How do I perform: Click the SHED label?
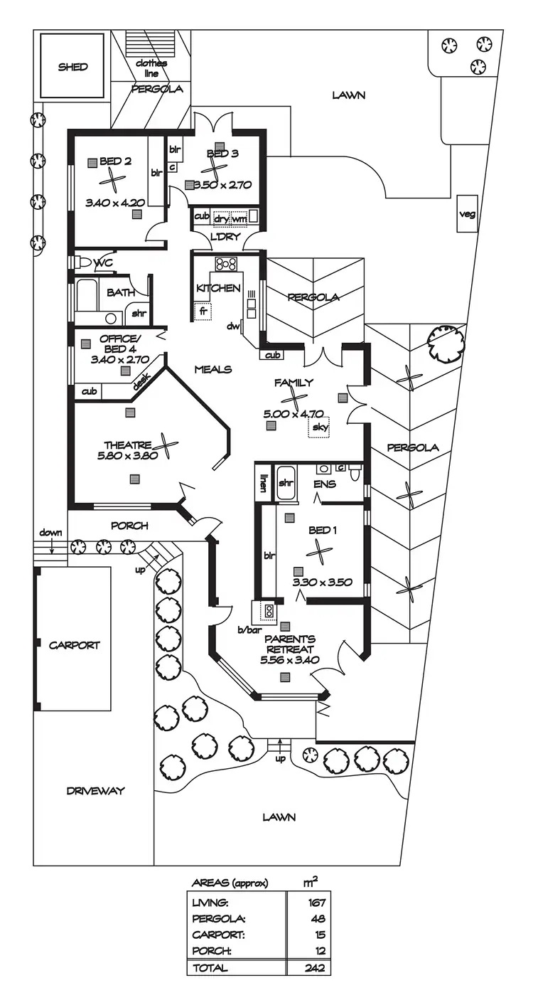point(73,67)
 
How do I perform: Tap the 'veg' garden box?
point(467,213)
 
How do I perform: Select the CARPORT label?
point(75,645)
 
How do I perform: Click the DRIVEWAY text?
point(95,790)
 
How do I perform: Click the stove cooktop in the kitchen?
point(226,264)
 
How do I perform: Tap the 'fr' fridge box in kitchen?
point(203,311)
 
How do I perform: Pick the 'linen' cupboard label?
point(263,482)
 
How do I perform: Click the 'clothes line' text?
point(151,68)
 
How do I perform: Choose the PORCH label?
point(130,526)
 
